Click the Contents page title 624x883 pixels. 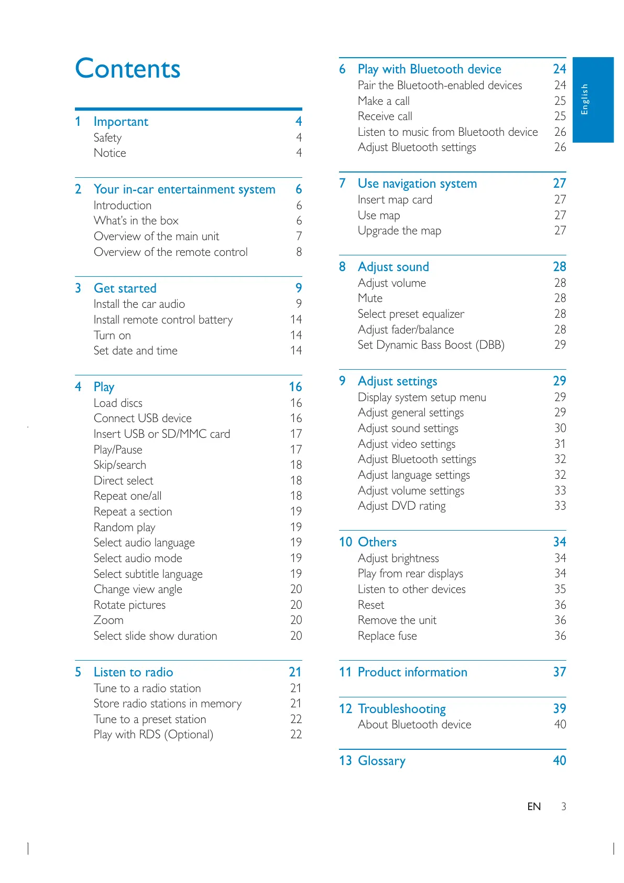click(128, 69)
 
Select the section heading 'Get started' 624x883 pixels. click(125, 288)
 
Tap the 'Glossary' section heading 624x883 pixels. click(381, 761)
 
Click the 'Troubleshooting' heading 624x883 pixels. click(401, 709)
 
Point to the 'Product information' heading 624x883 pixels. click(412, 672)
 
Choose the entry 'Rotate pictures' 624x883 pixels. click(129, 605)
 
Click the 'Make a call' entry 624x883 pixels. click(384, 101)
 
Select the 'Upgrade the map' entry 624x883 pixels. click(399, 231)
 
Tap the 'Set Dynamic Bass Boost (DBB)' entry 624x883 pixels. click(431, 345)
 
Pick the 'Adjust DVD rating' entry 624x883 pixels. click(401, 506)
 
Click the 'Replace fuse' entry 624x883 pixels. click(387, 636)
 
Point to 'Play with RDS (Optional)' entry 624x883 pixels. click(153, 735)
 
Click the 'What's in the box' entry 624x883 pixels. click(136, 221)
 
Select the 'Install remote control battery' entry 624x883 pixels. click(163, 320)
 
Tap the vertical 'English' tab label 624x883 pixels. click(585, 99)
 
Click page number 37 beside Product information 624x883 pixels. click(559, 672)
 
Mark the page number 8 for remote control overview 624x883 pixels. click(299, 252)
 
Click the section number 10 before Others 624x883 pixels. click(345, 542)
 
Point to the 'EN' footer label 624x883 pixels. click(534, 807)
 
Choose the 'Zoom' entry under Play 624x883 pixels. click(108, 620)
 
